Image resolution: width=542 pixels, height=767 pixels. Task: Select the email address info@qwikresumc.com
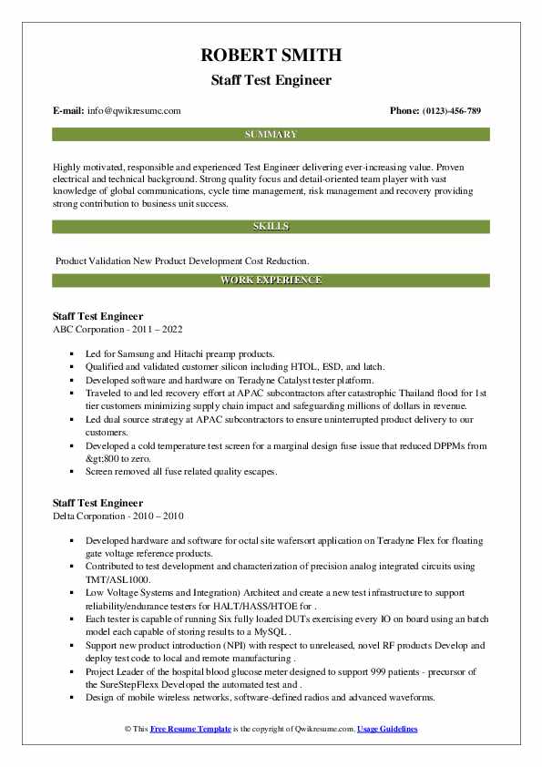[x=135, y=111]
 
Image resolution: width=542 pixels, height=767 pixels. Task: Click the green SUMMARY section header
[x=271, y=134]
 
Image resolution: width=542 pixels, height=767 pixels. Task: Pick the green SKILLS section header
[x=271, y=225]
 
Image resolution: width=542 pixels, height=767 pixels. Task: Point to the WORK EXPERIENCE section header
[x=271, y=281]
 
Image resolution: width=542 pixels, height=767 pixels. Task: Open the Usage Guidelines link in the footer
[x=387, y=730]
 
